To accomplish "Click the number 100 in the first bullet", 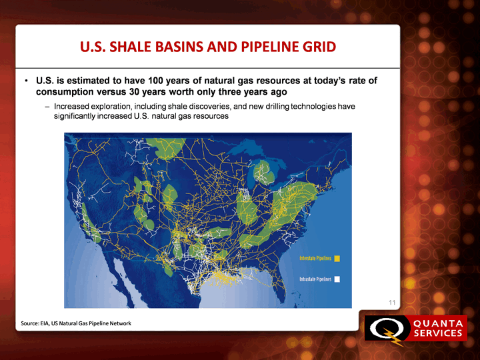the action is [155, 81].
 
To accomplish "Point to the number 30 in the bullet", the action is [134, 92].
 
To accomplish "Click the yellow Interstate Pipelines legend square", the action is [337, 259].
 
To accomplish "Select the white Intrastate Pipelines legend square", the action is [337, 279].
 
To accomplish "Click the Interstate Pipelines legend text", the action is [315, 259].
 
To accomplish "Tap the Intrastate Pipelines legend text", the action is [315, 279].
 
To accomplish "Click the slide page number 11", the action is [392, 303].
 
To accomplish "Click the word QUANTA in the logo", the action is [438, 323].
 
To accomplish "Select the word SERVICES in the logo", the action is [438, 333].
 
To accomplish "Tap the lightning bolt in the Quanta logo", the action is [392, 337].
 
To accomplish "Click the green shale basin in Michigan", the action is [263, 173].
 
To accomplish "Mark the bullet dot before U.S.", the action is [26, 81].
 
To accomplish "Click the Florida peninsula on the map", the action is [280, 280].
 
